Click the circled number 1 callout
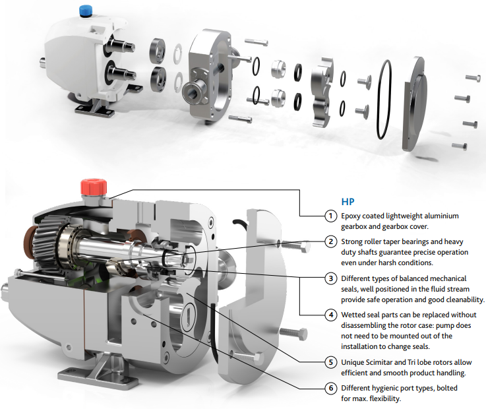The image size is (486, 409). [331, 216]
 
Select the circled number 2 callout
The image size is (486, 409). [331, 241]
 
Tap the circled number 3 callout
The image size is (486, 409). [331, 278]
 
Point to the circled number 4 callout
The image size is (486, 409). [331, 315]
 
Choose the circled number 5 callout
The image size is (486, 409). [331, 362]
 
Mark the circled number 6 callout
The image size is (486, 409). [331, 388]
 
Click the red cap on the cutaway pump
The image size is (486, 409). [90, 186]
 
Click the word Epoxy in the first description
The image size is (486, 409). [353, 216]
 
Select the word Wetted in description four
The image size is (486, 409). [355, 315]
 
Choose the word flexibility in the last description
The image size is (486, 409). [384, 398]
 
